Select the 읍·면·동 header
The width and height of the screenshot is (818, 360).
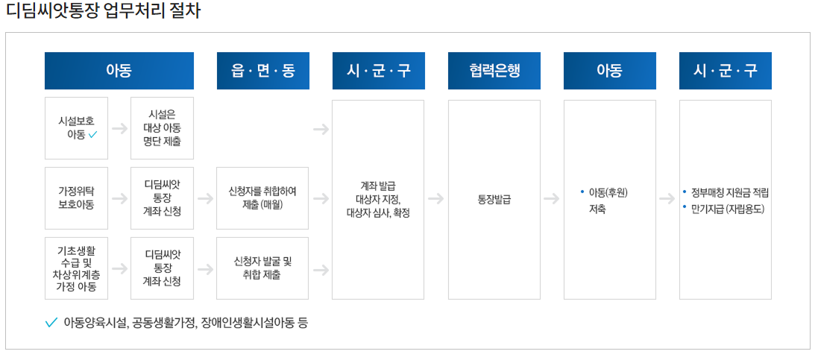pos(262,71)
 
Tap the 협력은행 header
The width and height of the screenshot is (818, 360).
pos(494,71)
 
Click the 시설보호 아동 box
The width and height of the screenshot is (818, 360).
pos(76,127)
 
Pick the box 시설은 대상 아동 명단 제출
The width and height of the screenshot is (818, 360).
pos(162,127)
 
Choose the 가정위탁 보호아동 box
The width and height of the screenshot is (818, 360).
pos(76,198)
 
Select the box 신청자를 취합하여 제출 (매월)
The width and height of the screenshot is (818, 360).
pos(262,198)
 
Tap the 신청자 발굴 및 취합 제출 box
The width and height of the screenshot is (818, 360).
pos(262,268)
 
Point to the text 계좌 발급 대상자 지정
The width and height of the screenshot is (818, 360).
pos(378,192)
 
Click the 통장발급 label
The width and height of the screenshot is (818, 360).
pos(494,199)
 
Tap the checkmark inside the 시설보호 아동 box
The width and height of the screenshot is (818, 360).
pos(93,135)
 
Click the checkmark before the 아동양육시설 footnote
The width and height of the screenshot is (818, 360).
pos(51,323)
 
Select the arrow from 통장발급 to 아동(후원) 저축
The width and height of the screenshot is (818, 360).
pos(552,199)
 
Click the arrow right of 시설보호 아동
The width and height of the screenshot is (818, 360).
pos(119,128)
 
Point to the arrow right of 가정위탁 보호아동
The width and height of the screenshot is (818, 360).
pos(119,199)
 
